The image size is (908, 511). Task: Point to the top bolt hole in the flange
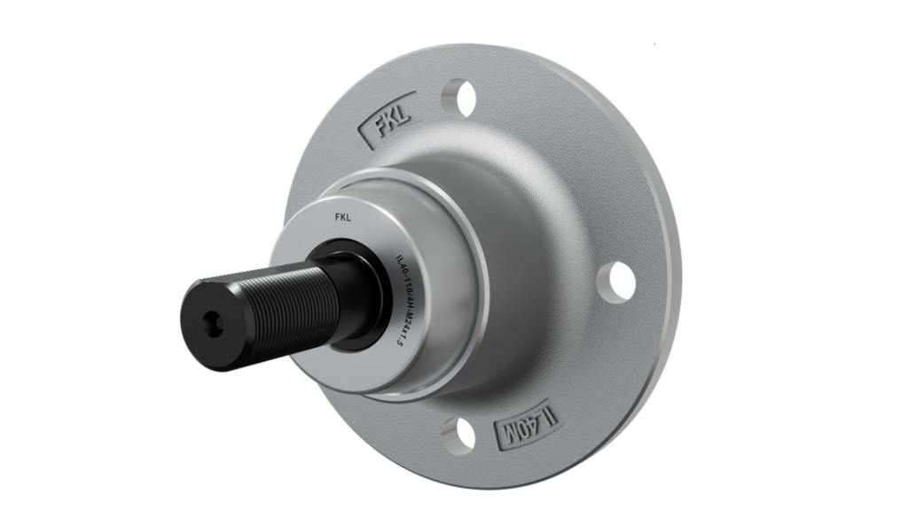458,93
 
